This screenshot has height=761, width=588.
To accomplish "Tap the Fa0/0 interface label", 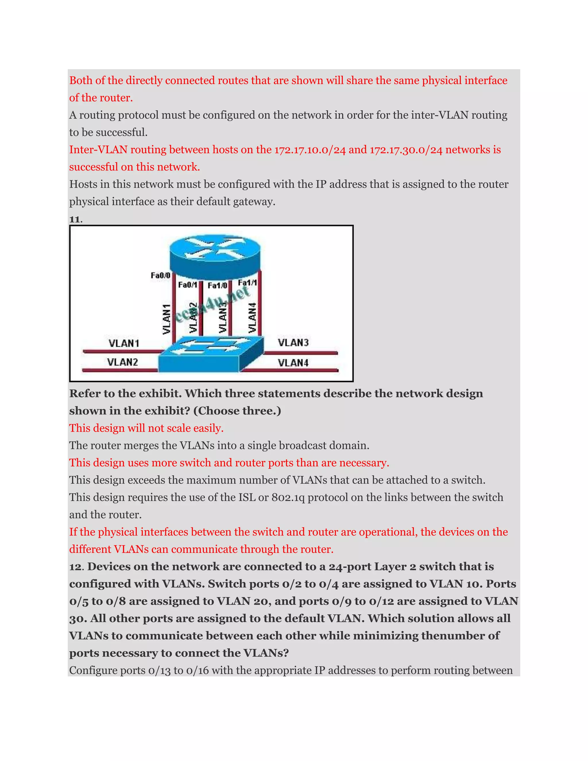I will coord(160,276).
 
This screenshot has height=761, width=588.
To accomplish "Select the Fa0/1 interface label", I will coord(187,285).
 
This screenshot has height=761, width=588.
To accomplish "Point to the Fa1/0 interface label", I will coord(217,286).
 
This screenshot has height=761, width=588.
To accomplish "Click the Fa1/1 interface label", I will coord(247,283).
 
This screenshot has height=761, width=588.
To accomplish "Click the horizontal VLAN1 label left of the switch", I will coord(124,343).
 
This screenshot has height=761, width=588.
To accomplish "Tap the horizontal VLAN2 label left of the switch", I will coord(122,362).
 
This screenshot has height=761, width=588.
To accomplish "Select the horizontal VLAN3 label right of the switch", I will coord(293,343).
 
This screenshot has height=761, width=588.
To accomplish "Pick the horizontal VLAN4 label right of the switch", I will coord(293,363).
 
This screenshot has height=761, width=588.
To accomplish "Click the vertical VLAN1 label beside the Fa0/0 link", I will coord(167,319).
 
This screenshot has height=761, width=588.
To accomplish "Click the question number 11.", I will coord(75,219).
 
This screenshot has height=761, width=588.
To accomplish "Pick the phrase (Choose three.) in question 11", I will coord(237,411).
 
